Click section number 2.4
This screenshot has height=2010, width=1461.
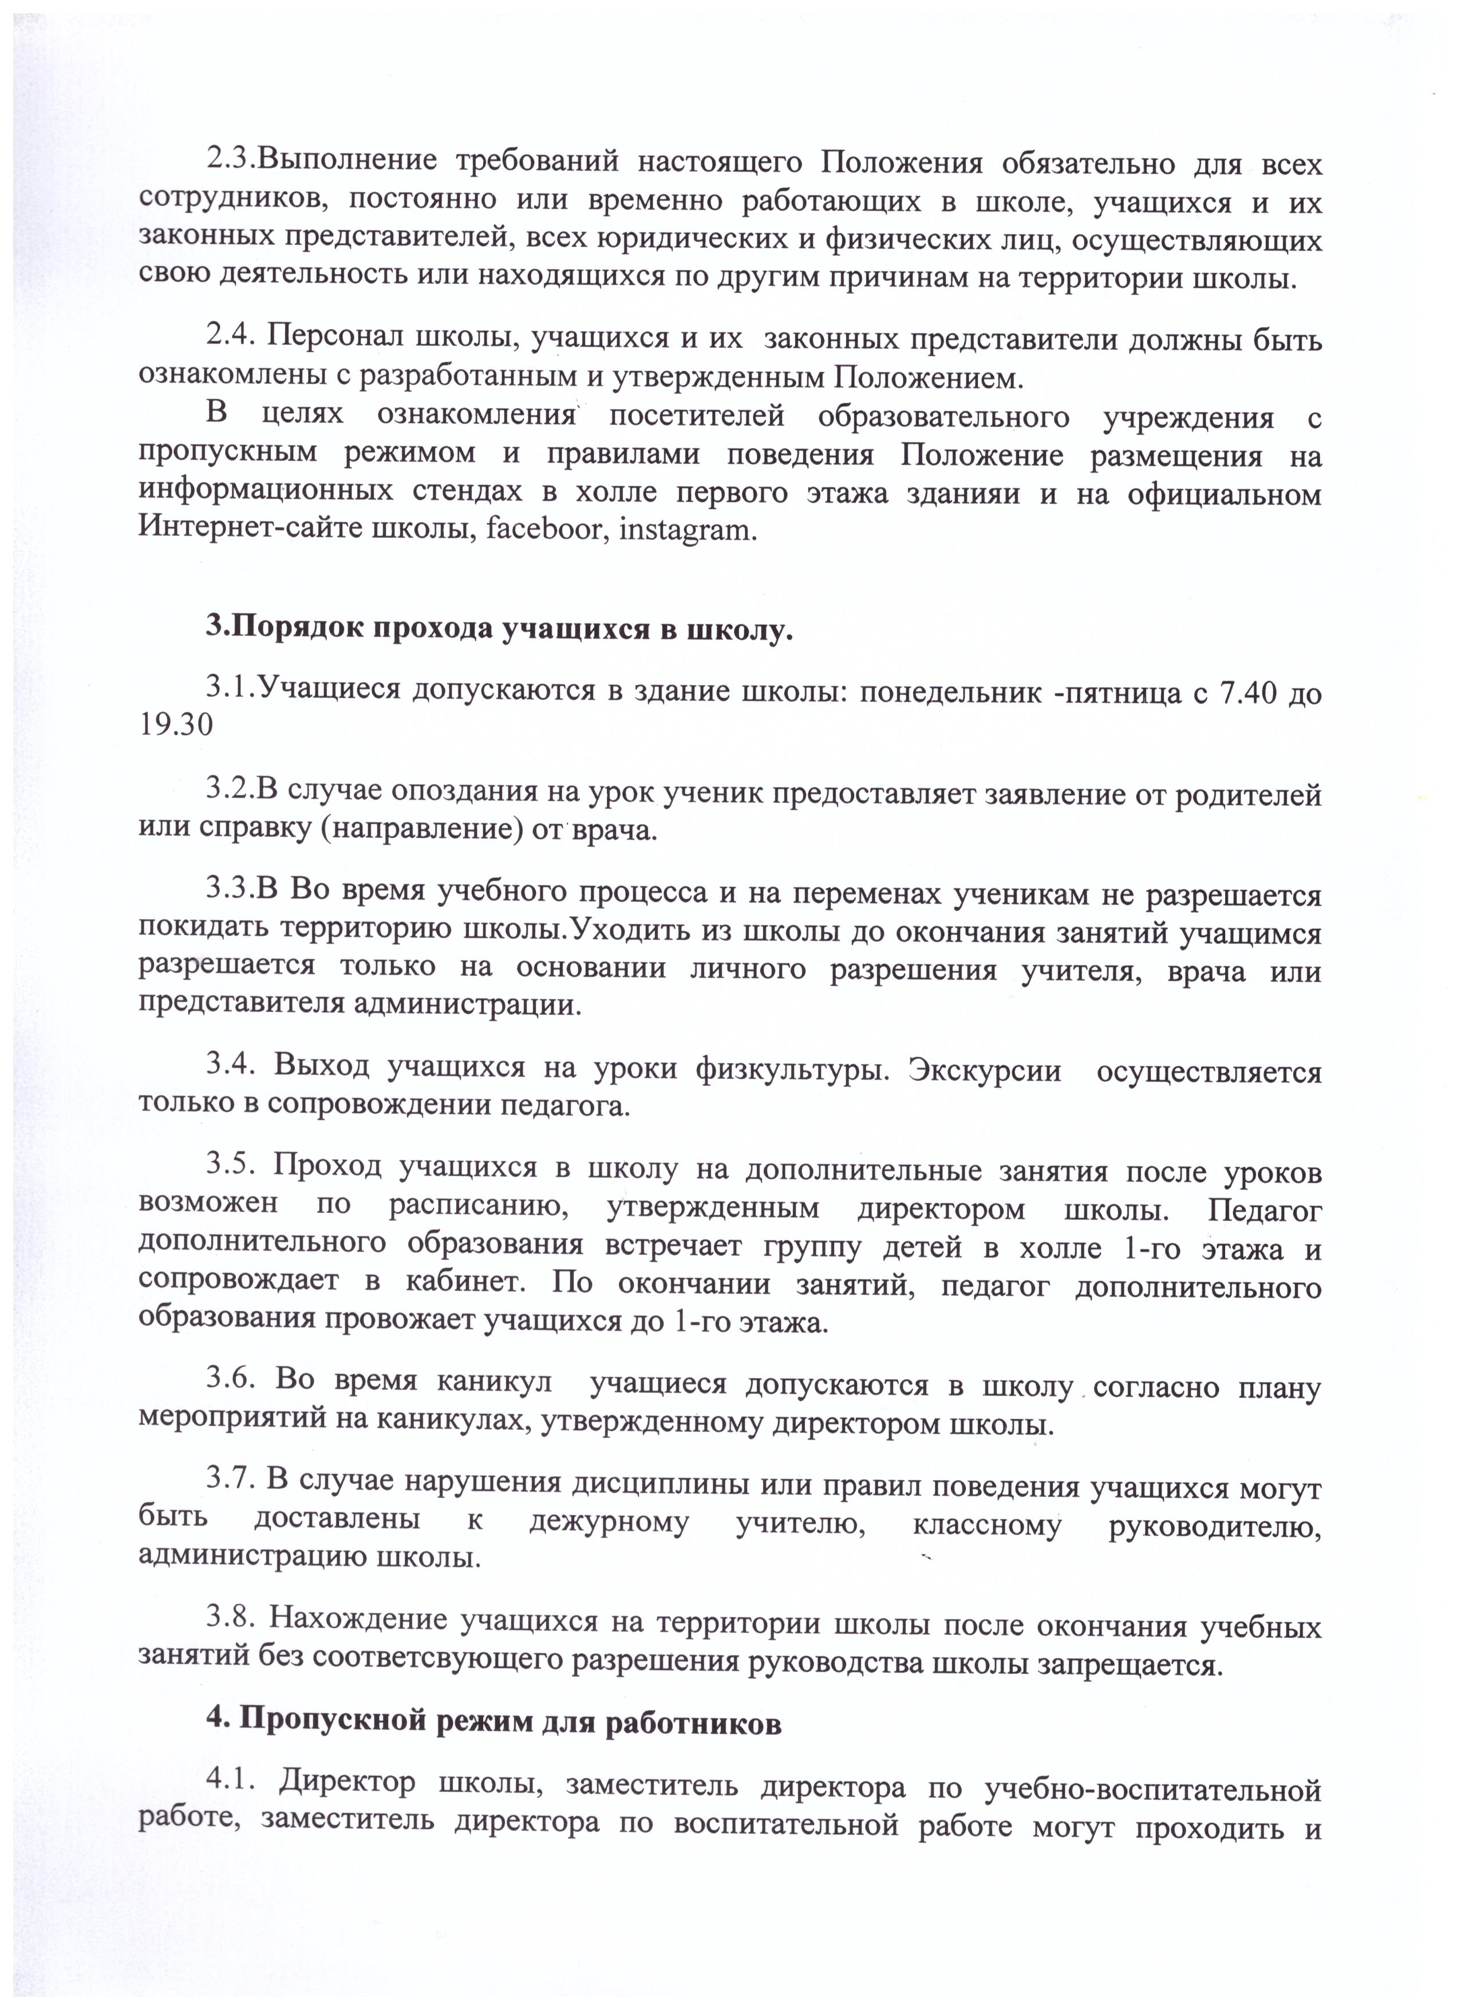[231, 338]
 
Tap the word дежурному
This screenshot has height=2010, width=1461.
[609, 1521]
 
